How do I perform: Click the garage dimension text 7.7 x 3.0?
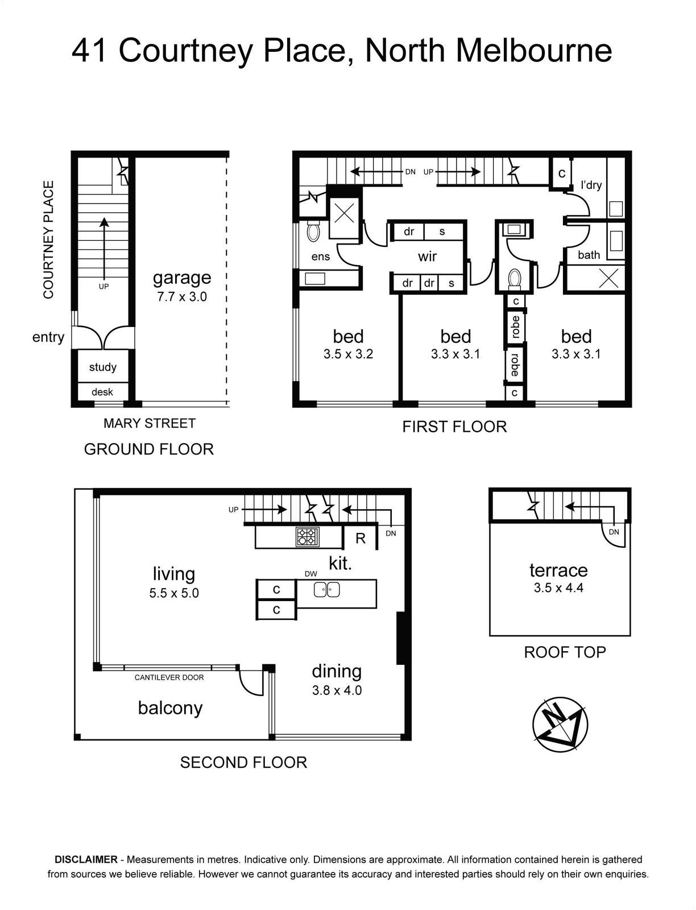[x=181, y=297]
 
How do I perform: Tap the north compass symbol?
[x=561, y=724]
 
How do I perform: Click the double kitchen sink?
[x=326, y=590]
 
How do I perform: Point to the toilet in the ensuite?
[x=313, y=231]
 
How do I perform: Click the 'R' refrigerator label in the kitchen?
[x=361, y=539]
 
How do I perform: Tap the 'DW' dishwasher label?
[x=310, y=574]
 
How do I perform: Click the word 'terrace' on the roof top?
[x=558, y=570]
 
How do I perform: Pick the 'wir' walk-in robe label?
[x=427, y=256]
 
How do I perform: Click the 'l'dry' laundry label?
[x=591, y=185]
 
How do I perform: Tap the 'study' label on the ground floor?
[x=103, y=367]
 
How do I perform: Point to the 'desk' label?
[x=102, y=392]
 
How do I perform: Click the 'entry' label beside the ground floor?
[x=48, y=337]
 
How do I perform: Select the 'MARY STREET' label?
[x=149, y=423]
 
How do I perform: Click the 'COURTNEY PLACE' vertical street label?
[x=48, y=239]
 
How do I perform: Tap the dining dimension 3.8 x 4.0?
[x=337, y=690]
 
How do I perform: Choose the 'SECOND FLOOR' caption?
[x=244, y=763]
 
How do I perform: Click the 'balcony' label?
[x=171, y=708]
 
